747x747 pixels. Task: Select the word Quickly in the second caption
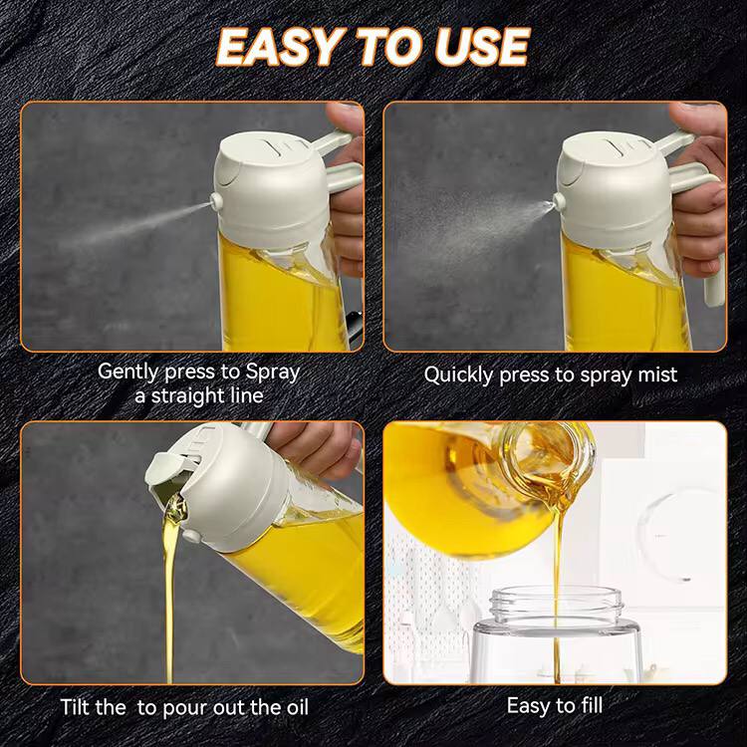point(461,374)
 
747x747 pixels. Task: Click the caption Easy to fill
point(555,705)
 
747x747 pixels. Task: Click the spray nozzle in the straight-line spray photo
point(214,203)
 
